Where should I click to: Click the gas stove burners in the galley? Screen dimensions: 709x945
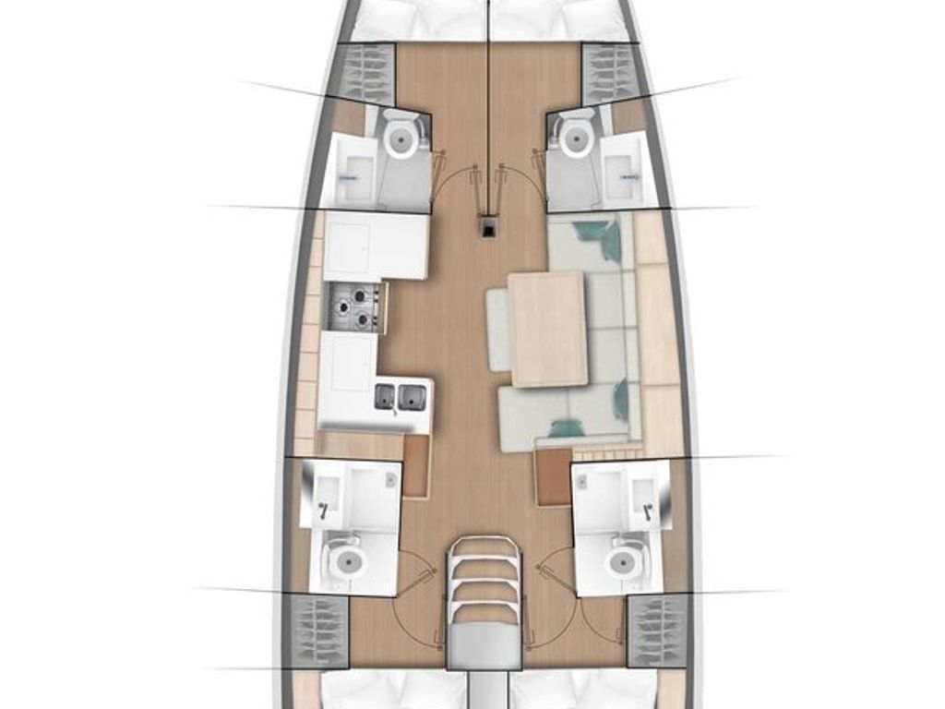point(355,306)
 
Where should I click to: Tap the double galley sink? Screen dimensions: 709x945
point(400,397)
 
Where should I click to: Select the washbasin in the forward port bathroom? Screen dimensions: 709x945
point(351,173)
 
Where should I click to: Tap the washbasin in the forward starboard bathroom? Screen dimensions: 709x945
point(625,172)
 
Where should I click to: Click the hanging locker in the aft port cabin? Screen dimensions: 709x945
point(319,631)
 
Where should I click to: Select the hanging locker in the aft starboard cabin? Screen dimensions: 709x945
point(657,631)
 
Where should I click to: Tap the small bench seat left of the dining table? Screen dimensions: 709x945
point(497,329)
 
